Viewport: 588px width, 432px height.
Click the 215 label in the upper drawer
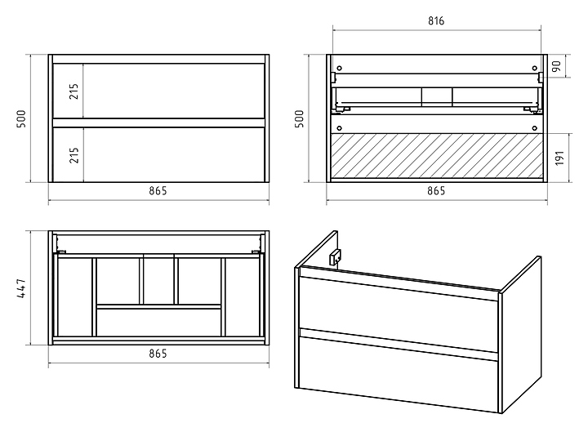[73, 91]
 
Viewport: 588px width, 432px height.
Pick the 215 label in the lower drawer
[73, 155]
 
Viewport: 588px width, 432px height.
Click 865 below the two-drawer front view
[158, 191]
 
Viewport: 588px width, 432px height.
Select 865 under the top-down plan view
[158, 354]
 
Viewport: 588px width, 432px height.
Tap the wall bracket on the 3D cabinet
[333, 257]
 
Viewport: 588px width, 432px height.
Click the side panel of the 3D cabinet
[521, 335]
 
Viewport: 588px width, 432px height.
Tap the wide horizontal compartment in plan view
[158, 320]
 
